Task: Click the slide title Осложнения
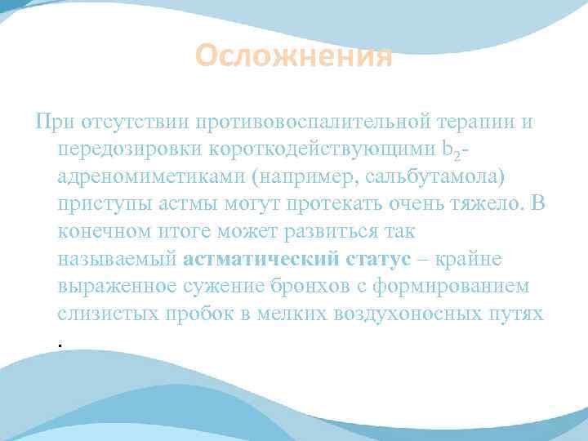[294, 57]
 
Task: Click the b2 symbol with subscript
[428, 150]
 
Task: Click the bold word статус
[359, 260]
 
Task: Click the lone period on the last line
[61, 345]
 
